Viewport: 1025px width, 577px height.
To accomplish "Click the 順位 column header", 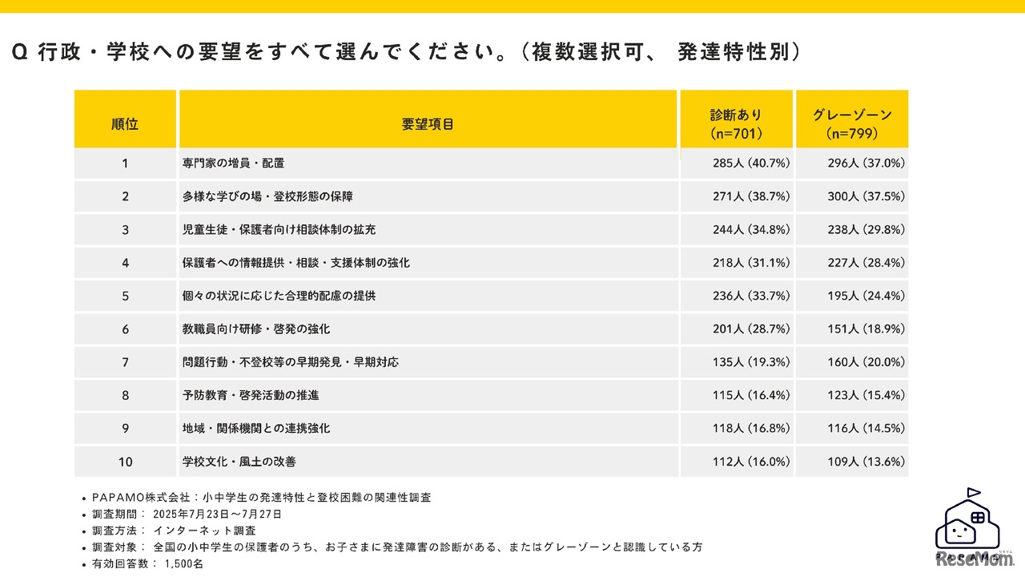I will [125, 124].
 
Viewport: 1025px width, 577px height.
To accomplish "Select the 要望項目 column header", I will [428, 124].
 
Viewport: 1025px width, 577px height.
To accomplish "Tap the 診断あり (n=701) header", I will [736, 124].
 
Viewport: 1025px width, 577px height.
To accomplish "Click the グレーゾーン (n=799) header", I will [852, 124].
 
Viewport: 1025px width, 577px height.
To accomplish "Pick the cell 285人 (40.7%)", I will [751, 163].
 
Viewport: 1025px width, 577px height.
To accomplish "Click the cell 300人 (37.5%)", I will [866, 196].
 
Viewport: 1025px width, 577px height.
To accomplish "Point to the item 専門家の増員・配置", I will [233, 163].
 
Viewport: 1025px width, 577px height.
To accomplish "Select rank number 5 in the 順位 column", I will [125, 296].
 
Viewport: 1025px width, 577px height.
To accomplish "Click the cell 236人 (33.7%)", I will [751, 296].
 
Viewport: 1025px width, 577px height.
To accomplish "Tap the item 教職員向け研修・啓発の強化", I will [256, 329].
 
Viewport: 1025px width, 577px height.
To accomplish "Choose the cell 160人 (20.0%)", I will [866, 362].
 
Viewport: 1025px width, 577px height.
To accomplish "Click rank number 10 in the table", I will [125, 462].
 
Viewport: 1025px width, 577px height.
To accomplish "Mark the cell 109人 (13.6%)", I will [866, 462].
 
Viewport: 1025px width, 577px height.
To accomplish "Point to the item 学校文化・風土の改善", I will [239, 462].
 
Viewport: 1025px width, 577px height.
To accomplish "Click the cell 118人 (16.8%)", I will [751, 429].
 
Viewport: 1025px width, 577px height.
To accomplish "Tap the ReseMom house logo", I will [973, 529].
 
